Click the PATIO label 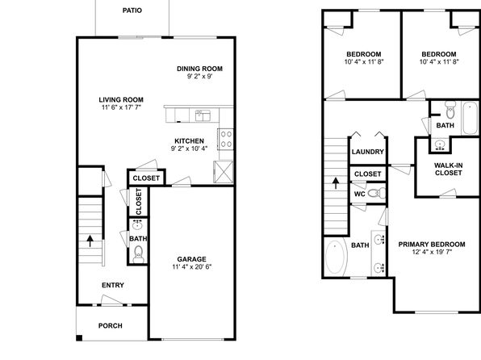[132, 10]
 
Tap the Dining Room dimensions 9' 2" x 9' [199, 76]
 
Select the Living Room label [121, 100]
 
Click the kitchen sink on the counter [203, 115]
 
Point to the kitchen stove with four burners [226, 139]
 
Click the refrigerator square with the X [224, 172]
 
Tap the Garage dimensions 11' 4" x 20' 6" [192, 266]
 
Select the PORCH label [111, 325]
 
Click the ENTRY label [113, 285]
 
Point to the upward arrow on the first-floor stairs [90, 241]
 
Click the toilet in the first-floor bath [138, 254]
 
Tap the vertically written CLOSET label [139, 202]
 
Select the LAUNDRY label [368, 152]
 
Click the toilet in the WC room [377, 193]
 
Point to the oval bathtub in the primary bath [336, 257]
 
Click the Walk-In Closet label [448, 170]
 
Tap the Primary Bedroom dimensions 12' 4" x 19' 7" [432, 252]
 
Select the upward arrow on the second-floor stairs [336, 183]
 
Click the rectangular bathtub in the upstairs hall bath [470, 118]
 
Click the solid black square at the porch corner [79, 338]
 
